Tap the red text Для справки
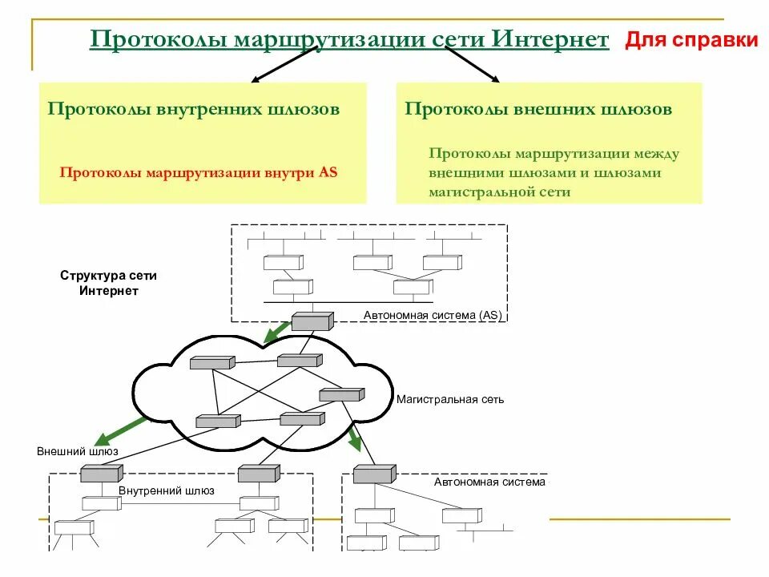pos(691,40)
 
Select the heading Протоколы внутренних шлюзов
pos(193,108)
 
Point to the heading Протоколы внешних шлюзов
pos(537,108)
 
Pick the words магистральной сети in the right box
pos(499,192)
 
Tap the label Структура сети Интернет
pos(108,283)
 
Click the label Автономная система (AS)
pos(433,316)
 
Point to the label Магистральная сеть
pos(450,399)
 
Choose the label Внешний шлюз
pos(77,451)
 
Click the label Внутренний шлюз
pos(167,491)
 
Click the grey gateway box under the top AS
pos(311,322)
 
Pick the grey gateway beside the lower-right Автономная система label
pos(374,474)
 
